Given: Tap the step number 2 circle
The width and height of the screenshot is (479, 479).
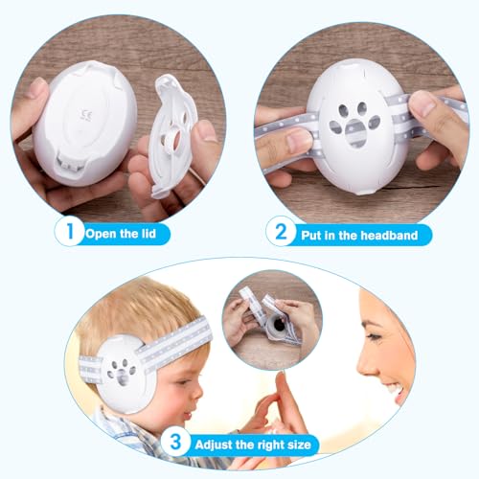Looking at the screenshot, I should click(281, 232).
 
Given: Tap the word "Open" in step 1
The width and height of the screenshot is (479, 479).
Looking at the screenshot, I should click(101, 233).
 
